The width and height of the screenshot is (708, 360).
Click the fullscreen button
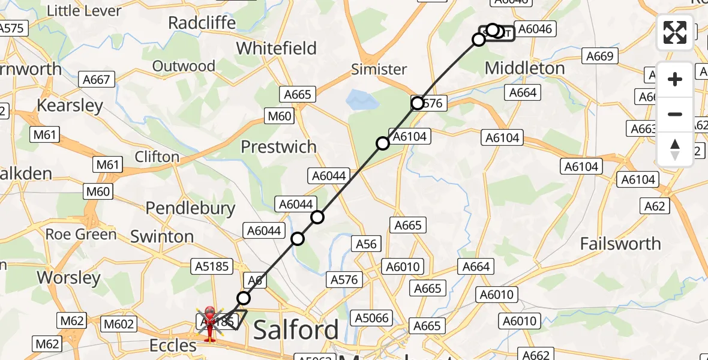(675, 32)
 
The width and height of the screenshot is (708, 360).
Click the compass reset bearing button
(675, 149)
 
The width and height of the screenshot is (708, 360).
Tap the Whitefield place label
(277, 48)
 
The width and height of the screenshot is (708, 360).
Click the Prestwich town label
(278, 146)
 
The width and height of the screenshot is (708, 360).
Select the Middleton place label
(524, 68)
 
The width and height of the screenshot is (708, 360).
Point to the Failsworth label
(620, 244)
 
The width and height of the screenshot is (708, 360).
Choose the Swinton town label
(162, 236)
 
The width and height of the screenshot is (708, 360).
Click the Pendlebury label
(191, 208)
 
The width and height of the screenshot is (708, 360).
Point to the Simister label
(379, 69)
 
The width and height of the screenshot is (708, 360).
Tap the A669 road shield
(599, 56)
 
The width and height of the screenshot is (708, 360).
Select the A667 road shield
(97, 79)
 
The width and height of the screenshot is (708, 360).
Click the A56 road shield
(366, 244)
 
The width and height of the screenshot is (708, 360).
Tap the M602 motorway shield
(118, 324)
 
